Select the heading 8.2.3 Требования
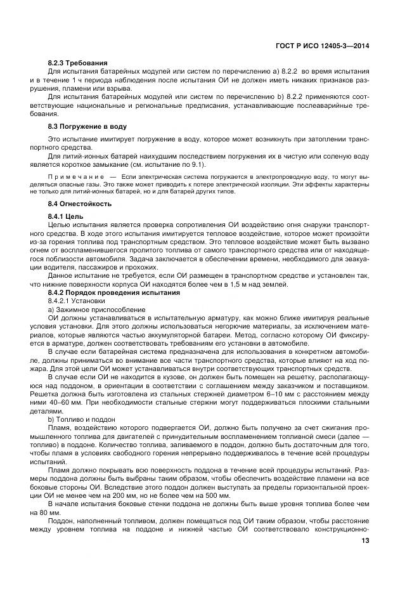(x=78, y=63)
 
